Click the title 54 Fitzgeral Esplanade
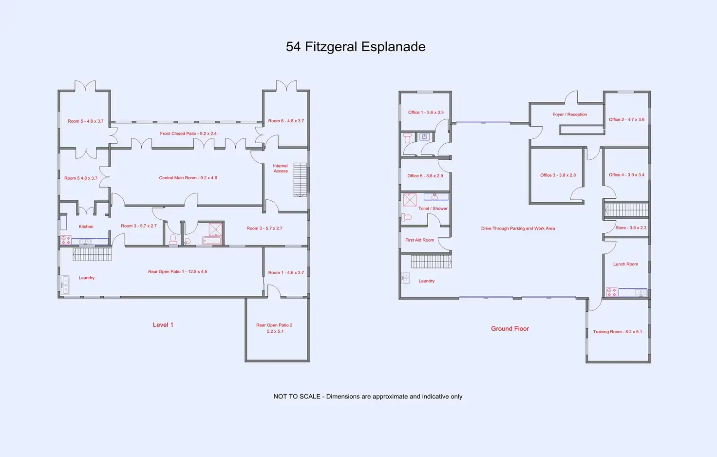click(356, 47)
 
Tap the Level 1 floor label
click(163, 325)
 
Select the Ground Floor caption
click(509, 329)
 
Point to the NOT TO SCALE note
click(368, 397)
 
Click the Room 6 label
click(286, 121)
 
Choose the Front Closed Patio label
click(188, 133)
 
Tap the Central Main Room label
click(188, 178)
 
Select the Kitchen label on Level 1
click(86, 227)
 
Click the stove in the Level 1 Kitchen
click(65, 240)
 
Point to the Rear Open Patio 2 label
click(275, 328)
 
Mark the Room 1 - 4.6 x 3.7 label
click(286, 273)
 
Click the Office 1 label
click(426, 113)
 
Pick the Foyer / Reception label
click(569, 114)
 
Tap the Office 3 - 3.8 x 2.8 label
click(558, 175)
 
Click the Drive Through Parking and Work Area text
click(518, 228)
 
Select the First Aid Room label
click(419, 240)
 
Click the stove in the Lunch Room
click(611, 292)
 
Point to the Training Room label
click(617, 332)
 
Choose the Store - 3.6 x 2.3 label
click(630, 228)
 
